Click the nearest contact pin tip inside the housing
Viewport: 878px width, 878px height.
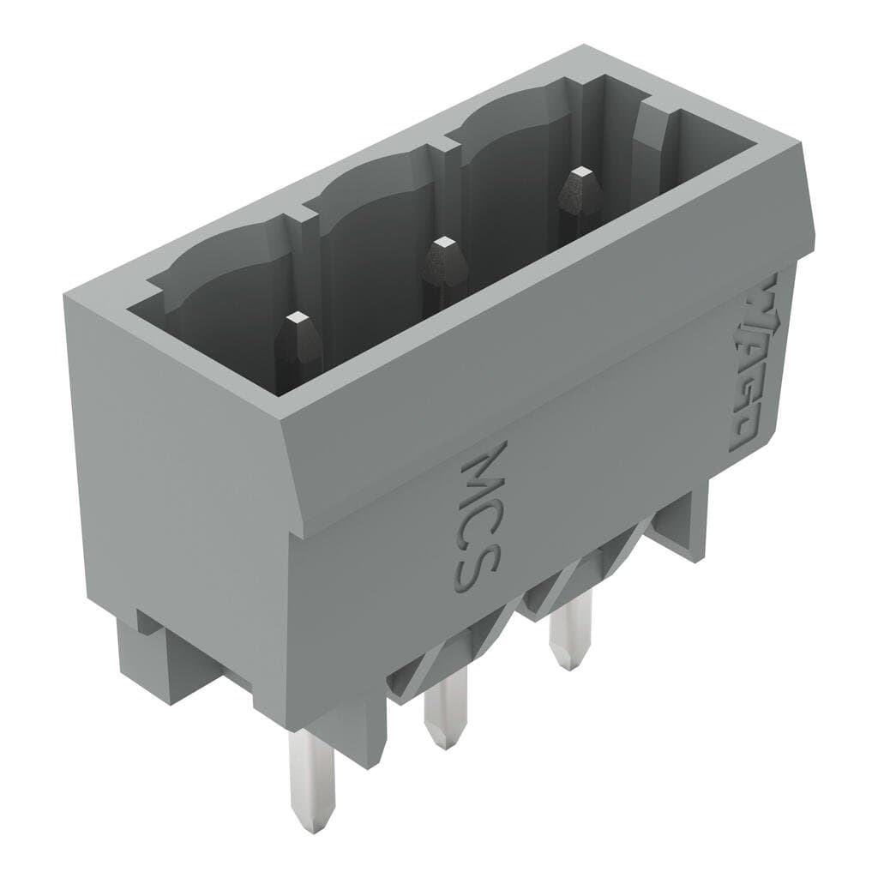pos(299,322)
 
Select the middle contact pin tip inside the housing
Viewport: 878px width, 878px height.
pos(441,247)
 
